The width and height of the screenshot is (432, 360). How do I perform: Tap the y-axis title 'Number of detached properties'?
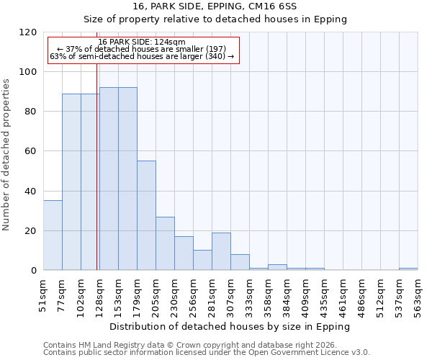[6, 152]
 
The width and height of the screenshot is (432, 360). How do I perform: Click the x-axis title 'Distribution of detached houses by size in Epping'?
[230, 326]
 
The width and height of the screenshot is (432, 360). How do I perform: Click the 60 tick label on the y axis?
[31, 152]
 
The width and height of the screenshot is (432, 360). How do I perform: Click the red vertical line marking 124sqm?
[96, 180]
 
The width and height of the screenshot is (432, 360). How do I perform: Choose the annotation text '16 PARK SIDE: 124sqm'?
[142, 42]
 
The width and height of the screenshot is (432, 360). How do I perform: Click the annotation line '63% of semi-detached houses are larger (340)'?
[142, 56]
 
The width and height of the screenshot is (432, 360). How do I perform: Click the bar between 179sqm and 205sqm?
[146, 216]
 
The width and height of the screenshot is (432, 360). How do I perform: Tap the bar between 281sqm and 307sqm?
[221, 251]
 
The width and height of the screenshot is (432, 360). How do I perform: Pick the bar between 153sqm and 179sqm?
[127, 179]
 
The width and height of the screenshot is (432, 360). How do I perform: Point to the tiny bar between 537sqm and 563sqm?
[408, 269]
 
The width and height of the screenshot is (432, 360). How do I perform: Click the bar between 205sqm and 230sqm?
[165, 243]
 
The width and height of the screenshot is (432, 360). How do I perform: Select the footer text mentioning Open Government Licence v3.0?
[206, 353]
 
